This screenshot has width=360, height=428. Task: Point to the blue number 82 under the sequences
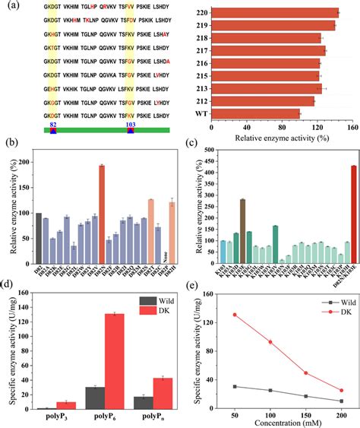(53, 123)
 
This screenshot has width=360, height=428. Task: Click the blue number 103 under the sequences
(131, 123)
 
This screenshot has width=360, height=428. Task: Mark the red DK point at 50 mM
(234, 314)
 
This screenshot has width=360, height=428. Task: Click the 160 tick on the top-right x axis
(352, 128)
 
